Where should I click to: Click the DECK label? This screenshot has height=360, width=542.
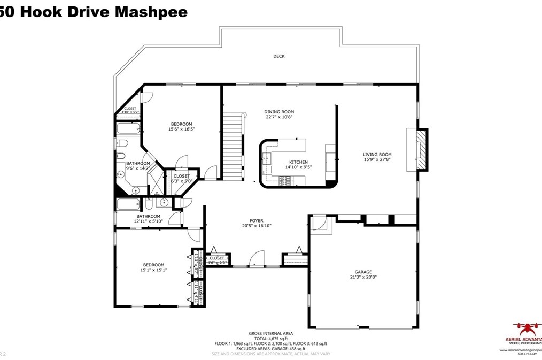coord(278,56)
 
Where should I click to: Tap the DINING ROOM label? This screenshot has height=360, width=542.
coord(279,111)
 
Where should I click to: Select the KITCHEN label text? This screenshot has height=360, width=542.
coord(298,162)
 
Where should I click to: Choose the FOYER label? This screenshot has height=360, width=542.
coord(257,220)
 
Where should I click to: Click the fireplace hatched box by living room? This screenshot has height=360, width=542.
coord(422,150)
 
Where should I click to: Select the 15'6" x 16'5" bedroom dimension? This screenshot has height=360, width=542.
coord(181,129)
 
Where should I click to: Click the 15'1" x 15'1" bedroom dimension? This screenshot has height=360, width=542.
coord(153,270)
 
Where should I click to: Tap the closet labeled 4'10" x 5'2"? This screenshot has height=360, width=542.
coord(131,111)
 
